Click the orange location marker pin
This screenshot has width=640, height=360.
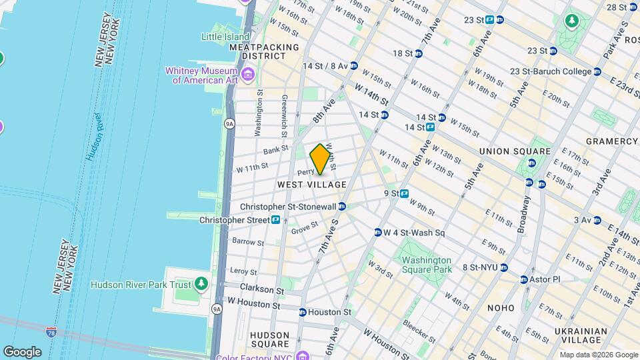320,159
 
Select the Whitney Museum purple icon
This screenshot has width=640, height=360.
248,73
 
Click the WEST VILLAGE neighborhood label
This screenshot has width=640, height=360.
312,184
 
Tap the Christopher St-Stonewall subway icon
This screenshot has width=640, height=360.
342,207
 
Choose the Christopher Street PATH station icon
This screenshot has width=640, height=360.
275,219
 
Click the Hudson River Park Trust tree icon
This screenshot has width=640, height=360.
201,285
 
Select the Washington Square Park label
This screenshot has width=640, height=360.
427,265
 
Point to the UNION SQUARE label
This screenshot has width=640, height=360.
515,151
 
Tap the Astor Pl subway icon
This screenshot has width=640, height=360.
524,279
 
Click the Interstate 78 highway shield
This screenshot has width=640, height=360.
52,331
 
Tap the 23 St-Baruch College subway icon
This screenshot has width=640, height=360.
597,71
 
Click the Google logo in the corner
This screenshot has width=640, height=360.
22,352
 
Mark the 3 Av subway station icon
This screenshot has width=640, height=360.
597,220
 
